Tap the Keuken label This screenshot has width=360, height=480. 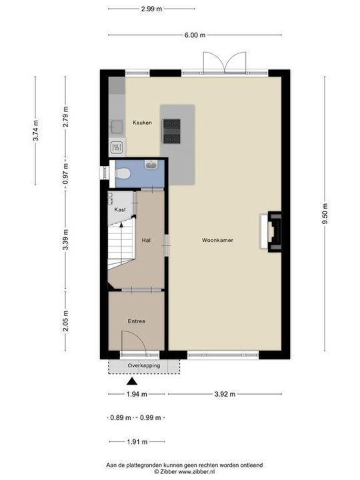tap(142, 123)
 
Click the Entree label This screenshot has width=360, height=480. tap(137, 321)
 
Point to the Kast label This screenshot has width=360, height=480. tap(120, 209)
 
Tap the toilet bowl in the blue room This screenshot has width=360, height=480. tap(122, 173)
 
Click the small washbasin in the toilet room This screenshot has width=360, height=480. tap(152, 166)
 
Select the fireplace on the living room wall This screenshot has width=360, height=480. tap(274, 231)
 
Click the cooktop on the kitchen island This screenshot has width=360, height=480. tap(171, 131)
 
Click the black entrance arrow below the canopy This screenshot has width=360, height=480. tap(132, 382)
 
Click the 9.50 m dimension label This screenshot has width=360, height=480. tap(325, 213)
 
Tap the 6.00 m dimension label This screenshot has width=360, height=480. tap(195, 35)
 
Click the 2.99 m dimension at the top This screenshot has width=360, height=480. tap(152, 9)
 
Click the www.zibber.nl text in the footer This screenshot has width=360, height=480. tap(200, 471)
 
